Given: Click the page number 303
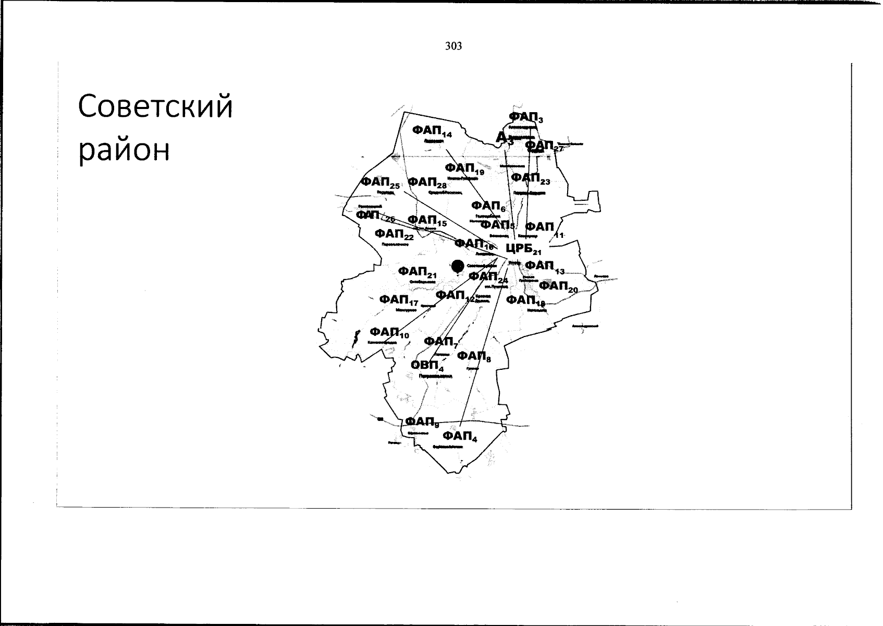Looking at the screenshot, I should [x=453, y=46].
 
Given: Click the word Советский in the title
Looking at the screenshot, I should [x=155, y=106].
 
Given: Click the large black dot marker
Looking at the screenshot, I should [x=458, y=266].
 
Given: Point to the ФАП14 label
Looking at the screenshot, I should [x=432, y=131].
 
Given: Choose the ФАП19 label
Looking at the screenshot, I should [x=464, y=168].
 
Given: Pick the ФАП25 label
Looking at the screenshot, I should [x=380, y=183].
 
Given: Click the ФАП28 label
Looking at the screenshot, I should [x=427, y=183].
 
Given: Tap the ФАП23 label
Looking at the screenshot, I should [x=530, y=178].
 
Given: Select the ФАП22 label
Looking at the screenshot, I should [x=394, y=234].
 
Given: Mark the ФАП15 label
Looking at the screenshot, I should [x=427, y=221].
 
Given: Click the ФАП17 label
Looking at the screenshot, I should [x=399, y=300].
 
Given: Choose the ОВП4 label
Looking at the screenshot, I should [x=427, y=365].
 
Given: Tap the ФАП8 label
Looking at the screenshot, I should [x=474, y=356].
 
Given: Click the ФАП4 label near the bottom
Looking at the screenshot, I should [x=460, y=437].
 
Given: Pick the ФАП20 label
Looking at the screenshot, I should [x=558, y=286].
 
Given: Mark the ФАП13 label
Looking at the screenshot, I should [x=544, y=267].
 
